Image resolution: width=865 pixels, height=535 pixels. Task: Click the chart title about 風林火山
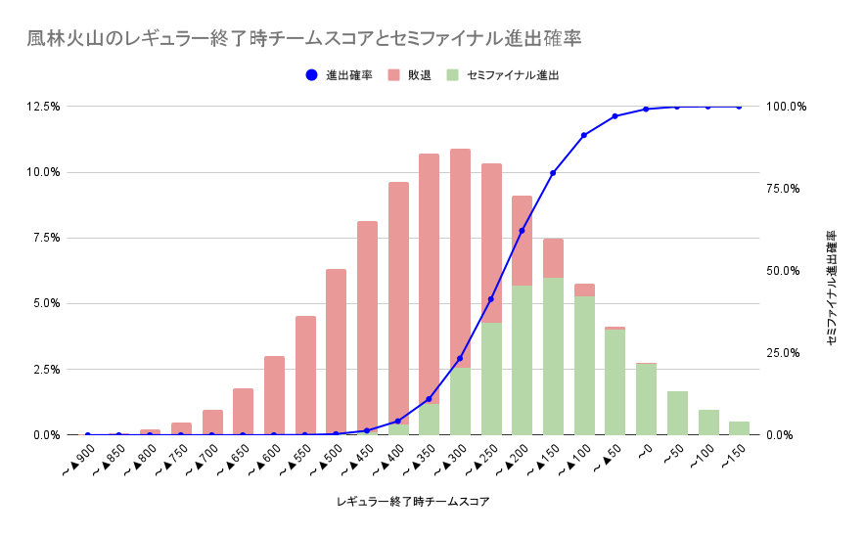304,39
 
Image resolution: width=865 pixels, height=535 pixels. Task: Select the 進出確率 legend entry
339,74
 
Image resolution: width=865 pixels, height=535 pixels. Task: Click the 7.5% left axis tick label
47,238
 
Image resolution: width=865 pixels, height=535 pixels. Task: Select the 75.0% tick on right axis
787,189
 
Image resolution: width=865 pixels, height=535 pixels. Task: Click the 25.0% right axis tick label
787,353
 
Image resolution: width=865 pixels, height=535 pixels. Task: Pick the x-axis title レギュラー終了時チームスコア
412,502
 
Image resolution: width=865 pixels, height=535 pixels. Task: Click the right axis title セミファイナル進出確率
831,289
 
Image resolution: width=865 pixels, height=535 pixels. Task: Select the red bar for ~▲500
336,351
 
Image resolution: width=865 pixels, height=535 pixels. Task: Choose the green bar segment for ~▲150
553,356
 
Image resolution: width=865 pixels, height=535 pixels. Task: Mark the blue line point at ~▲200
522,231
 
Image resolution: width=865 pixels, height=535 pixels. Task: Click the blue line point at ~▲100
584,135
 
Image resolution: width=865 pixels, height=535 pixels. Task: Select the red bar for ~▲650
243,411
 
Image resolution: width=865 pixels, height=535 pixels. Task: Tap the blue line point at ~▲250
491,299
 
